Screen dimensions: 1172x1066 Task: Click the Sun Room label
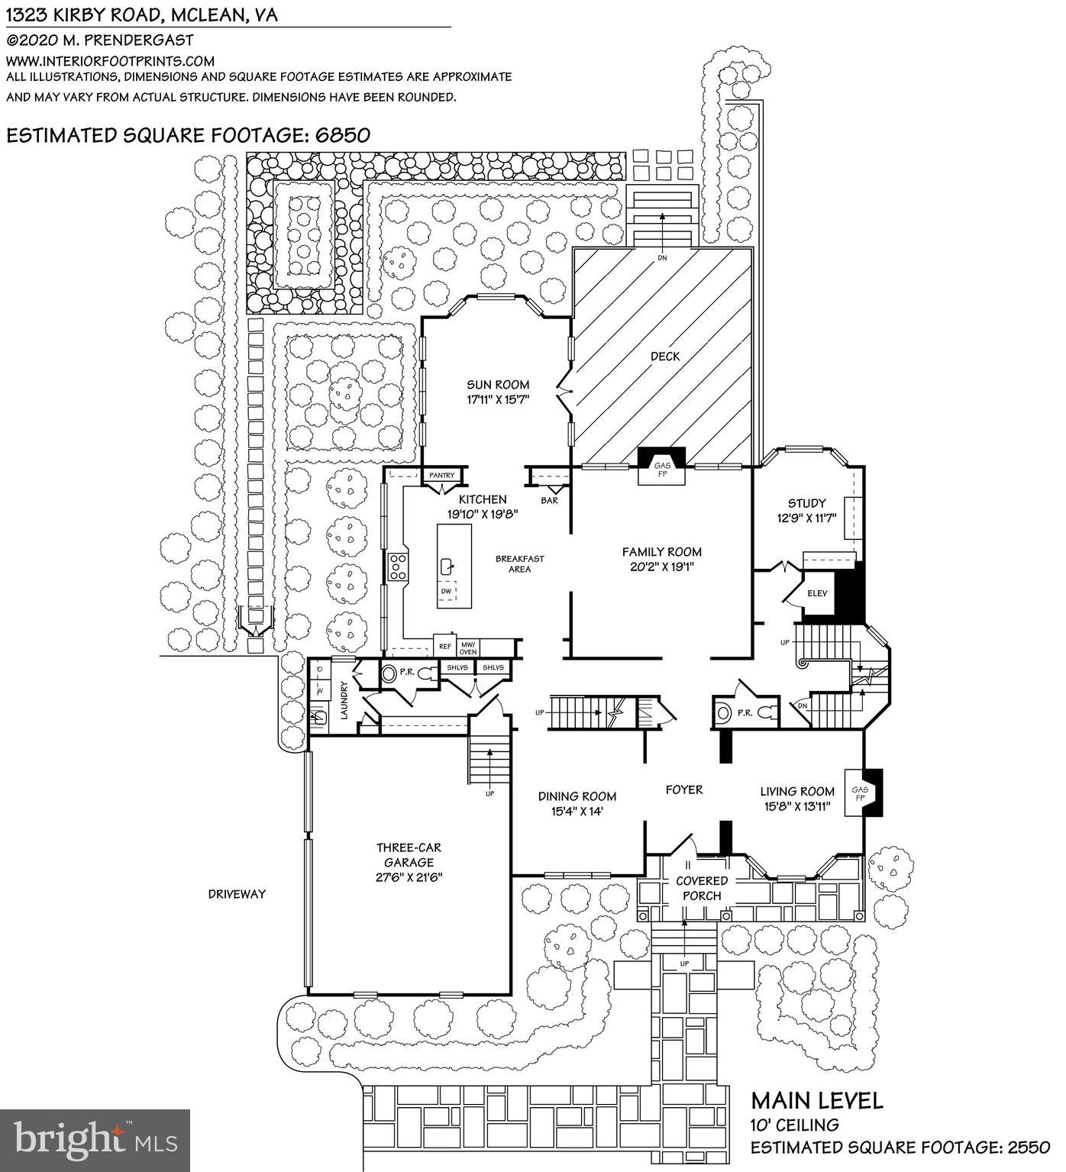(498, 385)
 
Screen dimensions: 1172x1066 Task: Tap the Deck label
(665, 356)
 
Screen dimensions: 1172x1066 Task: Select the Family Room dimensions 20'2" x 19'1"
(661, 567)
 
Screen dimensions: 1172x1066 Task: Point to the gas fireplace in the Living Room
(861, 794)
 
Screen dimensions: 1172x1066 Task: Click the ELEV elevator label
(818, 593)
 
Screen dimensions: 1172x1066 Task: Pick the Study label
(806, 503)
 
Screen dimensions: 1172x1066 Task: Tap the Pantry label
(441, 476)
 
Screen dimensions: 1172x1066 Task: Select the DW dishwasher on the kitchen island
(447, 591)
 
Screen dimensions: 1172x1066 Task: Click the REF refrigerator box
(444, 647)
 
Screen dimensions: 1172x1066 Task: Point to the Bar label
(549, 501)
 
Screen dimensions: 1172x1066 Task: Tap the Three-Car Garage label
(409, 862)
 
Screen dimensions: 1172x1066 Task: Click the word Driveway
(237, 893)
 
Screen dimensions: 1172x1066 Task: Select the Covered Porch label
(702, 888)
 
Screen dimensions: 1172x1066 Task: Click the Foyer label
(683, 789)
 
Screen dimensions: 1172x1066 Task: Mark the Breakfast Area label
(519, 563)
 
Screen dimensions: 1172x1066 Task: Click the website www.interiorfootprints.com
(111, 60)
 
